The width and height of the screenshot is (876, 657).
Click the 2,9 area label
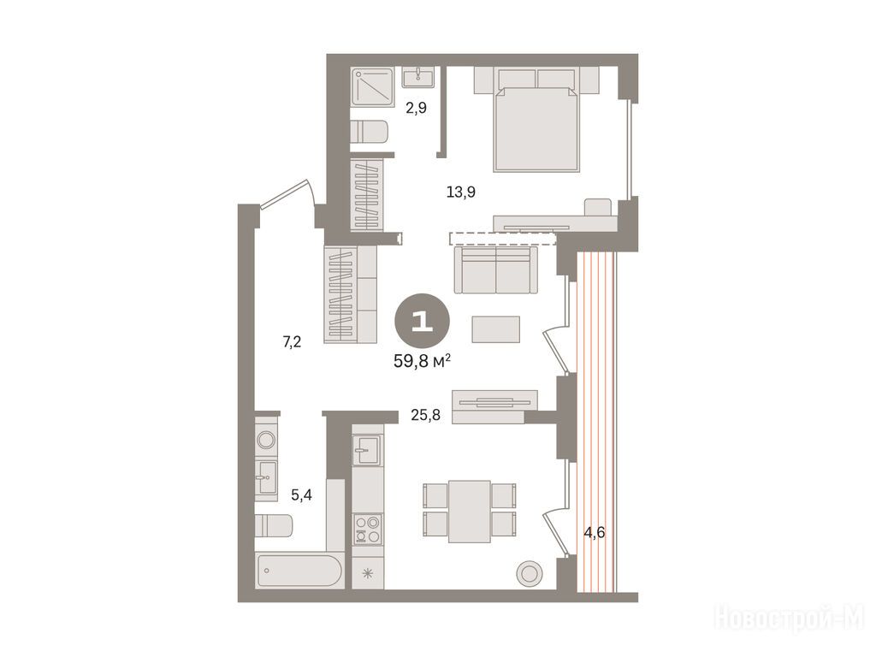pyautogui.click(x=417, y=109)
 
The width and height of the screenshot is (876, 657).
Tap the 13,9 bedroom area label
pyautogui.click(x=461, y=192)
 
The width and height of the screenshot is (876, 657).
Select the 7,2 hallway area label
pyautogui.click(x=292, y=341)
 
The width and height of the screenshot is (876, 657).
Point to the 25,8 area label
pyautogui.click(x=426, y=415)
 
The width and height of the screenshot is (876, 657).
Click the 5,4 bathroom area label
pyautogui.click(x=302, y=494)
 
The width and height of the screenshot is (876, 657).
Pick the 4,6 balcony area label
pyautogui.click(x=595, y=532)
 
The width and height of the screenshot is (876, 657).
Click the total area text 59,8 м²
pyautogui.click(x=423, y=362)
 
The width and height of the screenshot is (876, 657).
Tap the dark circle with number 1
pyautogui.click(x=422, y=321)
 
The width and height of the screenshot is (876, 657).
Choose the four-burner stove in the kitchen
pyautogui.click(x=368, y=530)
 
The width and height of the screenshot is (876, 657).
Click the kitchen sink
pyautogui.click(x=367, y=450)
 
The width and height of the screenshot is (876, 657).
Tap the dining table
pyautogui.click(x=470, y=512)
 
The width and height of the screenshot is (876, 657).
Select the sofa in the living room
pyautogui.click(x=496, y=269)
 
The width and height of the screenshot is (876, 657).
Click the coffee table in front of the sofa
pyautogui.click(x=496, y=329)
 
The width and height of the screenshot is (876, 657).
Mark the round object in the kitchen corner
pyautogui.click(x=530, y=573)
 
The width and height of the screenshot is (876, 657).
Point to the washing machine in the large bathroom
pyautogui.click(x=267, y=439)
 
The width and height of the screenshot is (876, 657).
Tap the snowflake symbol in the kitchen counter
pyautogui.click(x=368, y=572)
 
